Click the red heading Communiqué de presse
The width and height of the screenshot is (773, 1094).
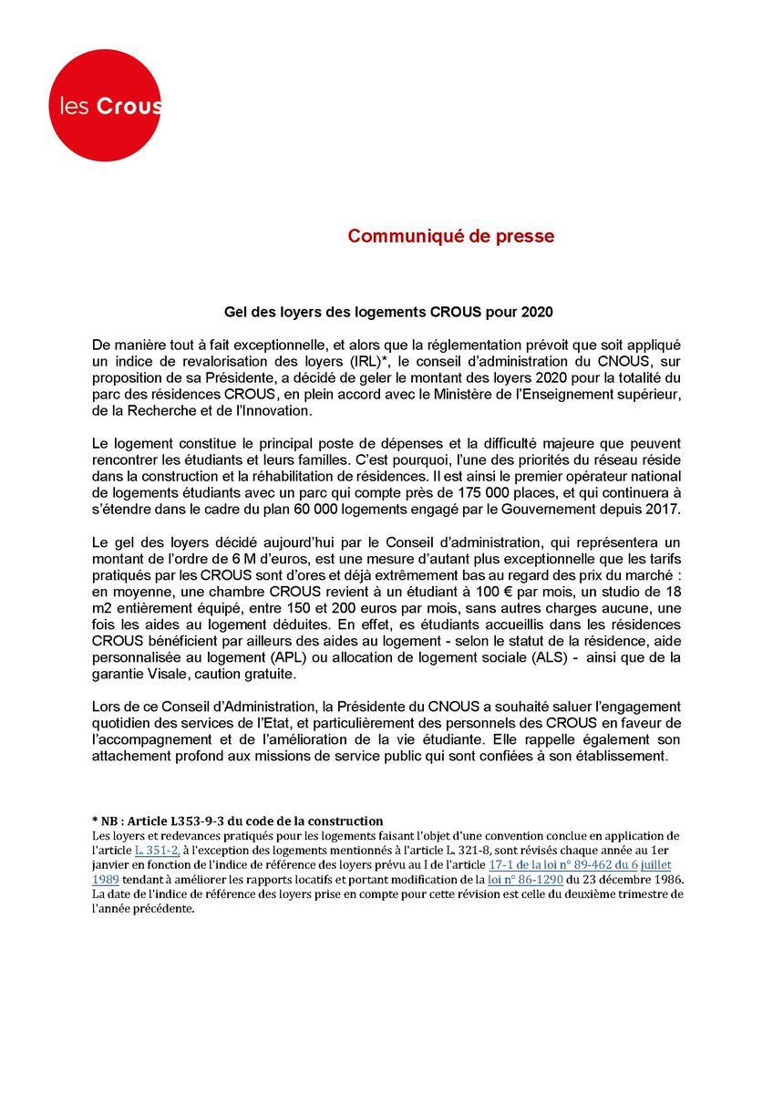coord(450,236)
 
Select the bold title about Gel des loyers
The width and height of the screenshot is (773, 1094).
coord(386,311)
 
